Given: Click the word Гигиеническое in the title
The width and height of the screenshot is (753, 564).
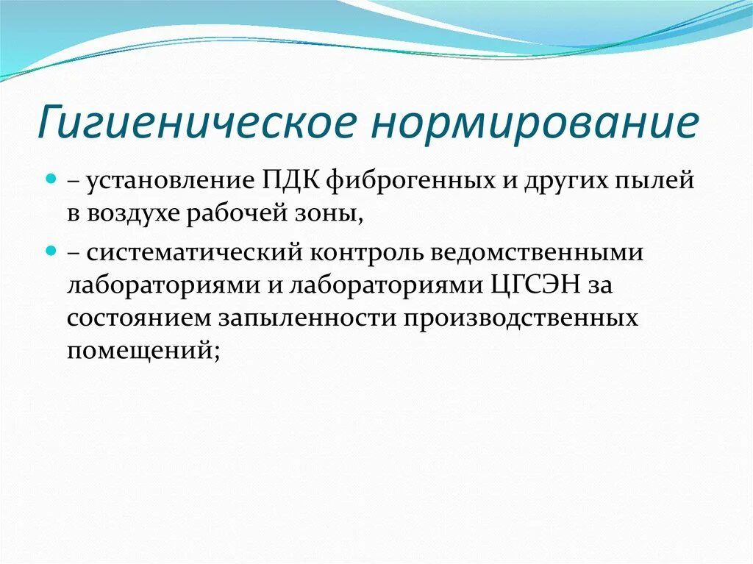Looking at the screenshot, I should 191,124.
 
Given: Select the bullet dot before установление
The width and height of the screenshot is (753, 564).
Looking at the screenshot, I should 51,179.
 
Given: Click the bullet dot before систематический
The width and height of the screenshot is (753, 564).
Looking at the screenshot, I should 51,250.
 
